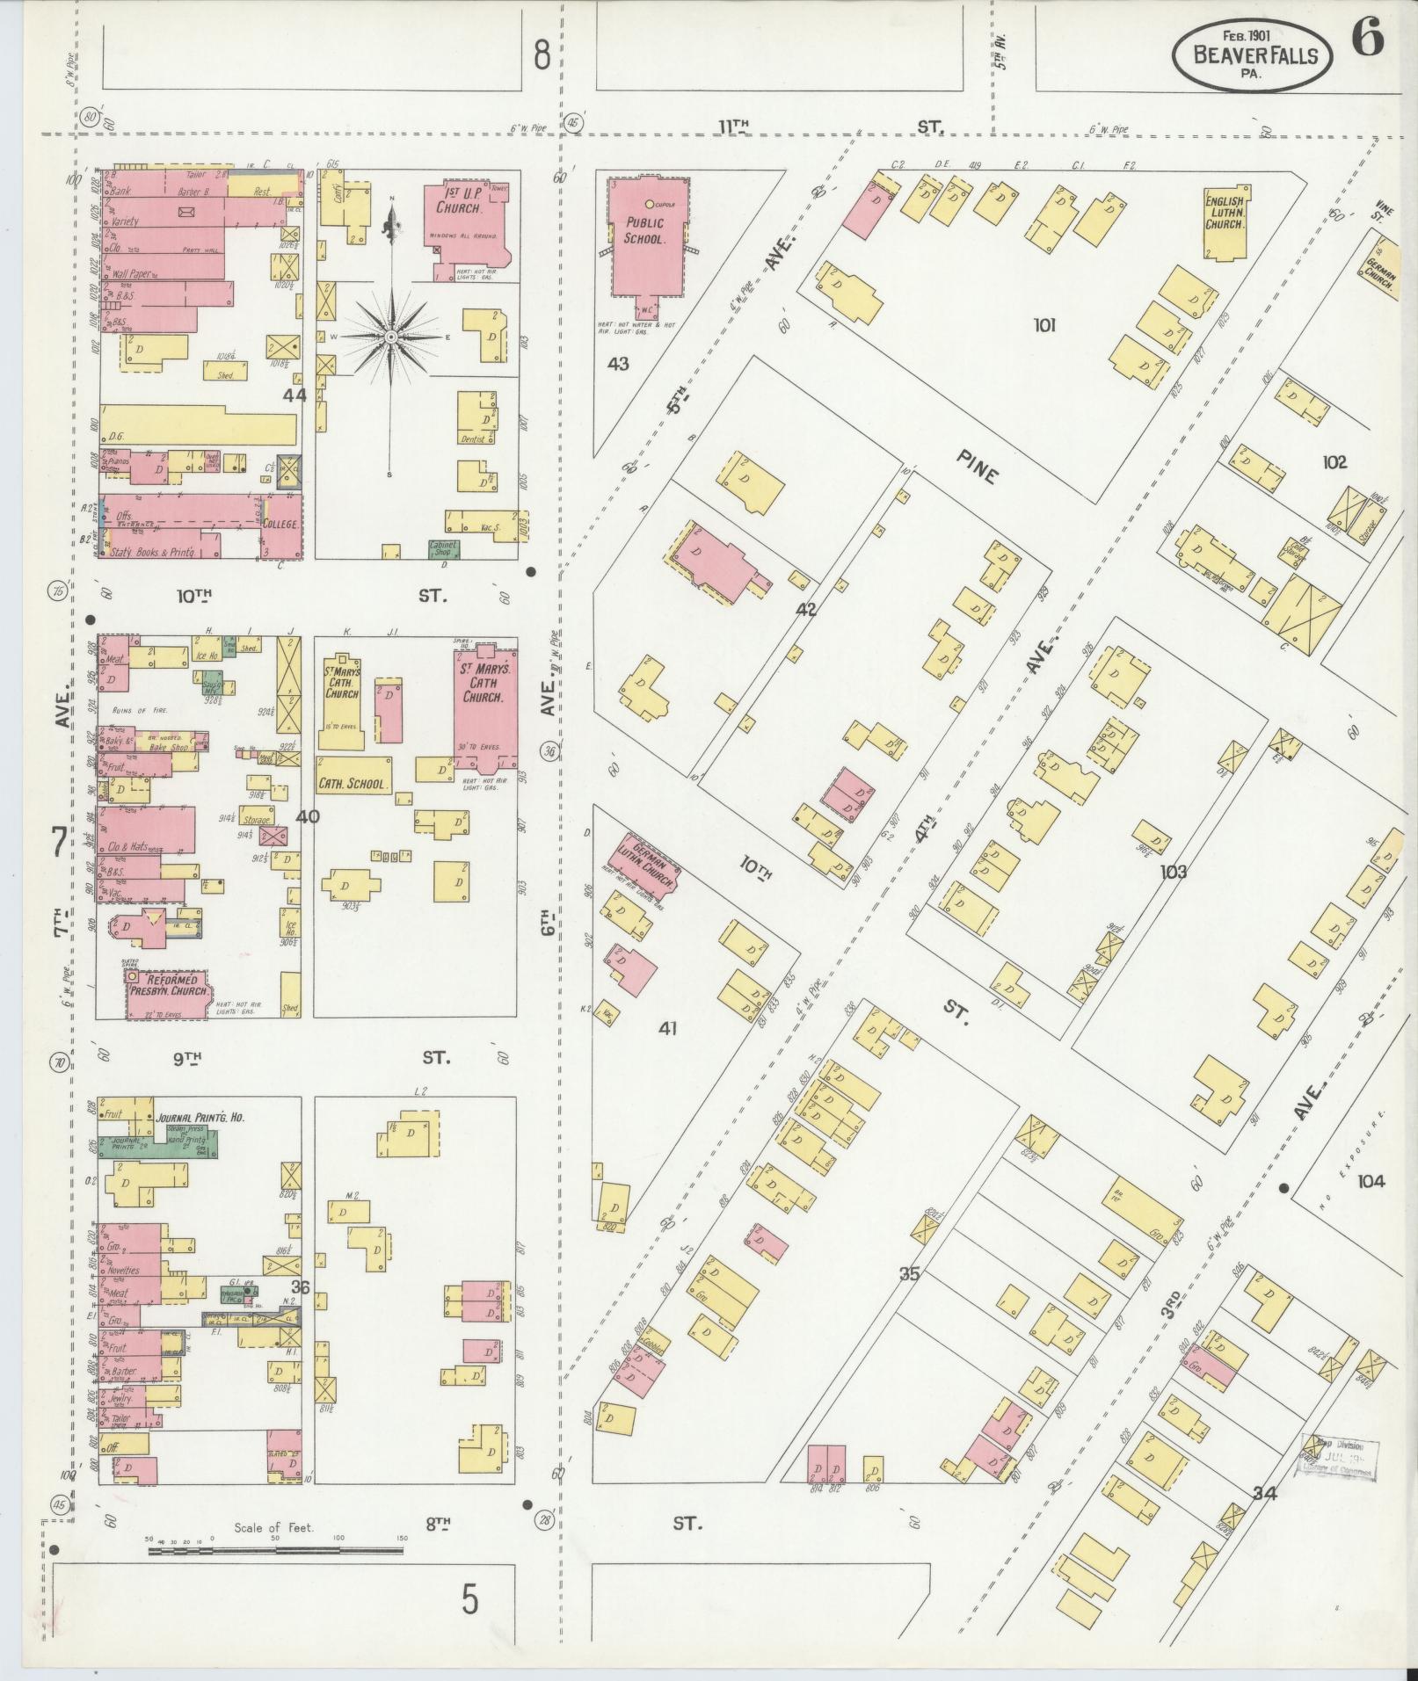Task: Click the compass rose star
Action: (x=390, y=337)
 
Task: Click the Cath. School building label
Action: (x=353, y=782)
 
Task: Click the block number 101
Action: (x=1044, y=326)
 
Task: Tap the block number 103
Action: (x=1173, y=872)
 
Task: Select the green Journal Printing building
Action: (x=158, y=1143)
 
